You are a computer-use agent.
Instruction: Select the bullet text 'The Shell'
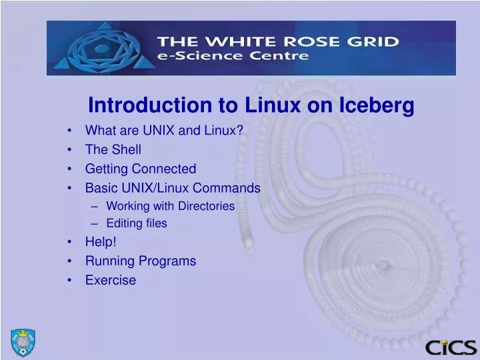(x=113, y=149)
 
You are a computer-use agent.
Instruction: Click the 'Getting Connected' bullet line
(x=140, y=169)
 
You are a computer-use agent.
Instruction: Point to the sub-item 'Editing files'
(x=136, y=223)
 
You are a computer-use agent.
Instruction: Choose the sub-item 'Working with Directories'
(x=170, y=206)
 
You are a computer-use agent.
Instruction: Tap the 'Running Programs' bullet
(x=140, y=261)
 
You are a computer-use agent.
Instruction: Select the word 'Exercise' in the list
(x=110, y=280)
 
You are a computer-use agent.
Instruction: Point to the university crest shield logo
(x=23, y=343)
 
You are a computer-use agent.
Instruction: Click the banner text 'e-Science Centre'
(x=233, y=57)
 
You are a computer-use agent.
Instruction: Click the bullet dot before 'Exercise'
(x=70, y=280)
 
